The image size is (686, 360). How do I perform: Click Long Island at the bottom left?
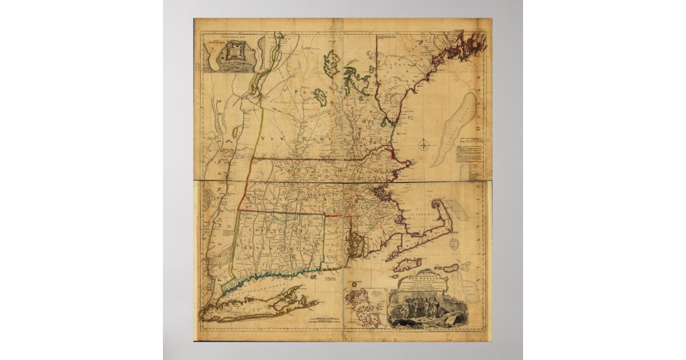click(252, 309)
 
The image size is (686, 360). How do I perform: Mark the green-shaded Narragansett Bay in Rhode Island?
click(355, 246)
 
